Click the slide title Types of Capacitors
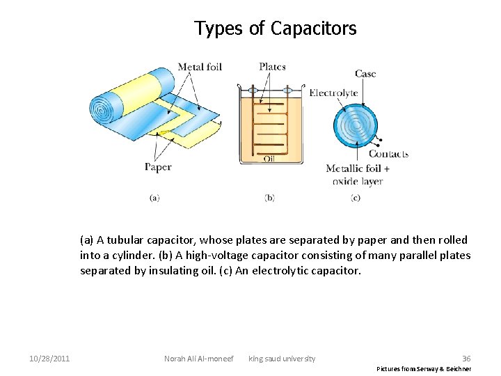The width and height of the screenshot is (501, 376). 275,29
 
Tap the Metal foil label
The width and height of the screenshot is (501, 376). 200,68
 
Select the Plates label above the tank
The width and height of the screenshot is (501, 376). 272,67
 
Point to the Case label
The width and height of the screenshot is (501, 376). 365,74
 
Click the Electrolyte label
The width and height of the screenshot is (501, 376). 333,93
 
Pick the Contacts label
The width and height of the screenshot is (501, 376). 388,154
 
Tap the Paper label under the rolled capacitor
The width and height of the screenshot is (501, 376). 158,167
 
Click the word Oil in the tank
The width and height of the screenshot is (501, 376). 269,159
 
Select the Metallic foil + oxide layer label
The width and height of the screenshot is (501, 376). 358,175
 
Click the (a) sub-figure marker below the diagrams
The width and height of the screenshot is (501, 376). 154,198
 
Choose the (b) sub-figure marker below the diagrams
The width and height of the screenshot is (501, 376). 269,198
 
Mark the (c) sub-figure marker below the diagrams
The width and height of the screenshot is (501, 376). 356,198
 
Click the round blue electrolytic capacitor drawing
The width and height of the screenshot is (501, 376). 356,126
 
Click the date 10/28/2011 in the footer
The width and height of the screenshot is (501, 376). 49,359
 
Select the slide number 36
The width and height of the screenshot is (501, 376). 466,359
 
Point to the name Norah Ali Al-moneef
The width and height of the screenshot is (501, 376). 198,359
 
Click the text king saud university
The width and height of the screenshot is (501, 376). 282,359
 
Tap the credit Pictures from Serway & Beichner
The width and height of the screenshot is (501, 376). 424,369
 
